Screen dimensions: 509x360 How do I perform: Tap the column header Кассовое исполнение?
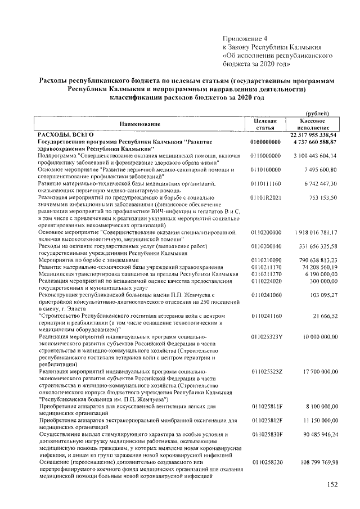pyautogui.click(x=317, y=124)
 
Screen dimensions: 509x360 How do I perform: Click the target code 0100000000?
pyautogui.click(x=265, y=142)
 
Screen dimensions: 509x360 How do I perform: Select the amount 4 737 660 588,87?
pyautogui.click(x=315, y=142)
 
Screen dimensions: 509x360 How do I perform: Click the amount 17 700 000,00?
pyautogui.click(x=318, y=372)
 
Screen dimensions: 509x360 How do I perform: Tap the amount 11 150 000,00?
pyautogui.click(x=318, y=420)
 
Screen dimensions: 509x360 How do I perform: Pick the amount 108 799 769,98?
pyautogui.click(x=317, y=461)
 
